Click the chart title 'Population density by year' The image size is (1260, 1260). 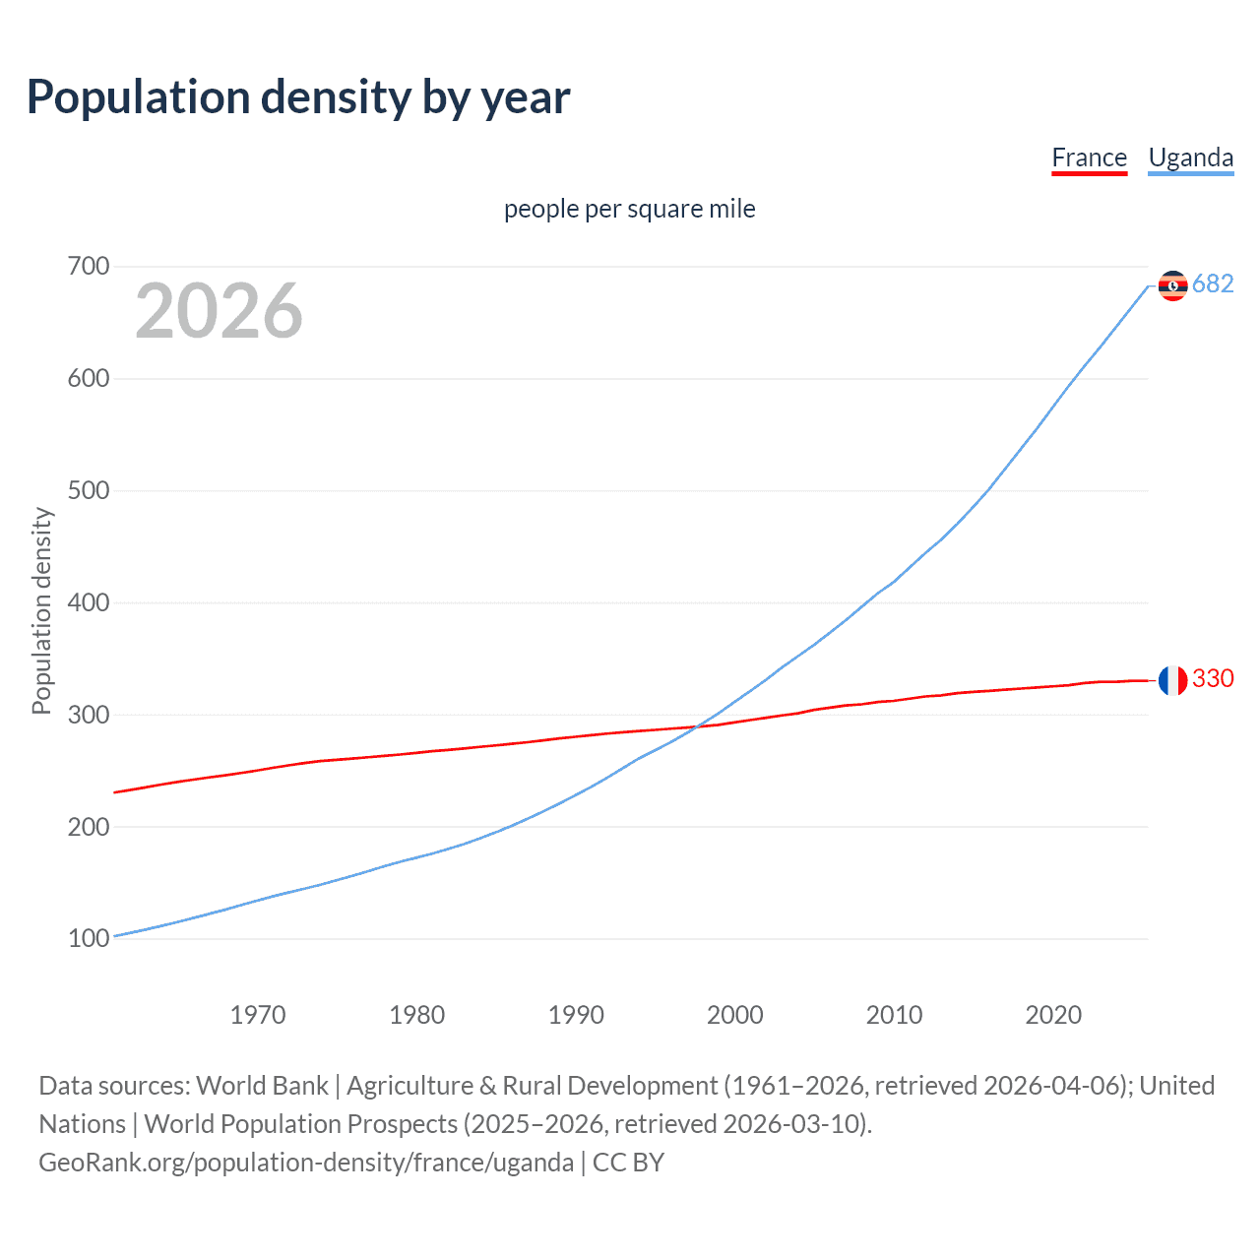pyautogui.click(x=298, y=97)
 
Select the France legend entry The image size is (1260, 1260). pyautogui.click(x=1089, y=157)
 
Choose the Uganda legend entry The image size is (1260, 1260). pyautogui.click(x=1190, y=157)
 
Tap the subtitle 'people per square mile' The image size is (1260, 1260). pyautogui.click(x=629, y=209)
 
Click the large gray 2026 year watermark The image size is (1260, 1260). pyautogui.click(x=219, y=311)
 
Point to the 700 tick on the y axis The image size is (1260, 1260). pyautogui.click(x=89, y=267)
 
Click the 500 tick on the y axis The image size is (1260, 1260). pyautogui.click(x=89, y=490)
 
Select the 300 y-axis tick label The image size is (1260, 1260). pyautogui.click(x=89, y=715)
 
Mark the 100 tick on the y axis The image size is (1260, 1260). pyautogui.click(x=89, y=938)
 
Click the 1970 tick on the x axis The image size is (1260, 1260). pyautogui.click(x=258, y=1015)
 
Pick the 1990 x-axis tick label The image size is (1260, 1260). pyautogui.click(x=576, y=1015)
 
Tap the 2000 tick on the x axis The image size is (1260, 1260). pyautogui.click(x=735, y=1015)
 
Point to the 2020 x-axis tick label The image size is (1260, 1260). pyautogui.click(x=1053, y=1015)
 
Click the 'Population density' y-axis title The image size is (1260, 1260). pyautogui.click(x=41, y=610)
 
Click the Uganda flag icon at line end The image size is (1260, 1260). pyautogui.click(x=1172, y=285)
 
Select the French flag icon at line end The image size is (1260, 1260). pyautogui.click(x=1172, y=680)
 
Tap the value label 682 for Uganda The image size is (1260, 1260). pyautogui.click(x=1213, y=283)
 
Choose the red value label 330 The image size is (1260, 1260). pyautogui.click(x=1213, y=678)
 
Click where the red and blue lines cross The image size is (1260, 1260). pyautogui.click(x=697, y=727)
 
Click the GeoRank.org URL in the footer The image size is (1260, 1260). pyautogui.click(x=306, y=1163)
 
